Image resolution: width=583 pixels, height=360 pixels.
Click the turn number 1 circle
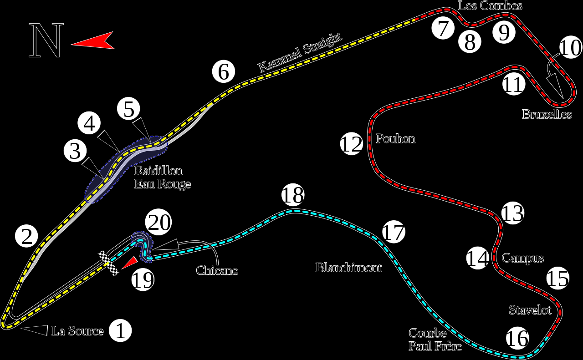120,331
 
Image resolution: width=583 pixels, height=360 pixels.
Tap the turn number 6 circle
223,72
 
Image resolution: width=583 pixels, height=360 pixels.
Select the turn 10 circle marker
570,48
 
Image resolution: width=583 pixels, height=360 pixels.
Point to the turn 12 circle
351,144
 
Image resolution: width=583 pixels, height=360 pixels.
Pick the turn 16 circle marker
517,338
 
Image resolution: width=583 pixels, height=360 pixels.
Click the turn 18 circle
292,195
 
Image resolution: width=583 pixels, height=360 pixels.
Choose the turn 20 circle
159,223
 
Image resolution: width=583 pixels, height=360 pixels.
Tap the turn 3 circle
75,151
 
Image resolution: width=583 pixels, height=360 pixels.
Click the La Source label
77,331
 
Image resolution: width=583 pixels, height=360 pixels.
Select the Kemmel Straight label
300,52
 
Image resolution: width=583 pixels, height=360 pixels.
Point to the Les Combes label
490,5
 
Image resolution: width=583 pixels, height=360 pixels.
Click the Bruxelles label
547,114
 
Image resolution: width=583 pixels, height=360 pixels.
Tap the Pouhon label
395,138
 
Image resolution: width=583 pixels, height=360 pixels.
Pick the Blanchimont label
348,268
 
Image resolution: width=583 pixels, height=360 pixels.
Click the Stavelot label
530,310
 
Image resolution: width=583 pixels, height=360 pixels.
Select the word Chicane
217,270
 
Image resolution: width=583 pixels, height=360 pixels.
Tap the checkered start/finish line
109,263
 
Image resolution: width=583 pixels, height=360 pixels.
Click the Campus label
523,258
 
